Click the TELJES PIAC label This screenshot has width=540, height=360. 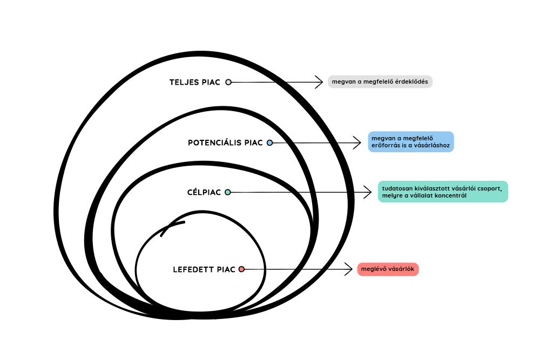click(195, 83)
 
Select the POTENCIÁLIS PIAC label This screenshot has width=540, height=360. click(225, 143)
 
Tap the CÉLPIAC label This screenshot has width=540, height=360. click(204, 192)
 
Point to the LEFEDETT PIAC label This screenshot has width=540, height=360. click(204, 269)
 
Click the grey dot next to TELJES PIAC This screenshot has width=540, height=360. click(228, 82)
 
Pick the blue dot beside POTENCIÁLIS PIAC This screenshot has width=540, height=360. click(269, 143)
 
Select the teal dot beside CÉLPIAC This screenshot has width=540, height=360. click(227, 192)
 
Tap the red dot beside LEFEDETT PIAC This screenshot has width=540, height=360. click(241, 269)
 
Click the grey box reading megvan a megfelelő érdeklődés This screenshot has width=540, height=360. click(380, 81)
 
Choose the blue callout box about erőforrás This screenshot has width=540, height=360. click(411, 142)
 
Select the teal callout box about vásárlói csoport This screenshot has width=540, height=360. click(443, 192)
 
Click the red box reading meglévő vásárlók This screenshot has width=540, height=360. click(388, 269)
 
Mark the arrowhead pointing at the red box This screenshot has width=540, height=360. click(350, 269)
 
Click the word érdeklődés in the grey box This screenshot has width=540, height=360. click(410, 82)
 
